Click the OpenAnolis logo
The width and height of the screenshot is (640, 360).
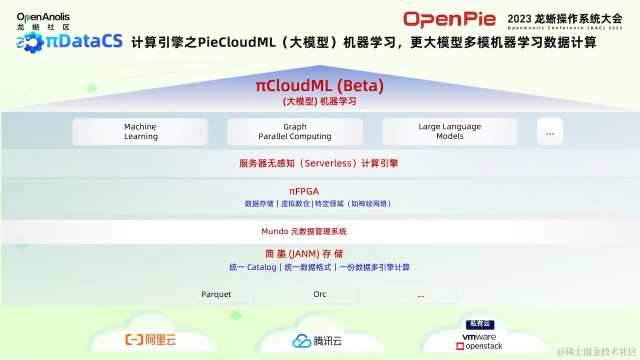[43, 21]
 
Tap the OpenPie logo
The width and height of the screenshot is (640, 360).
[449, 19]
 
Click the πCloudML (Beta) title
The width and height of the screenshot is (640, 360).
[319, 86]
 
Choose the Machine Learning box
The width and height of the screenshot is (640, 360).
[140, 131]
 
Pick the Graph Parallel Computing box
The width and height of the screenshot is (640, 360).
[295, 131]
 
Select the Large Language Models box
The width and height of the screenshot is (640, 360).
[450, 131]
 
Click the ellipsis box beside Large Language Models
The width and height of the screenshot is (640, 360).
[550, 132]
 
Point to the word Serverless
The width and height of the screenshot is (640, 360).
[328, 163]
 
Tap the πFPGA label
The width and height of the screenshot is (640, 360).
[303, 191]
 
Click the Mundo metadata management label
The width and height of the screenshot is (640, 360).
[304, 231]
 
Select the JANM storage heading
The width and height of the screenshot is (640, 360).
[304, 253]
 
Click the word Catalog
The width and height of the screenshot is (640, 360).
[261, 267]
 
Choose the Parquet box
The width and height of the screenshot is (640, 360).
[216, 294]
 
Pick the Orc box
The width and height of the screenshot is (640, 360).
[320, 294]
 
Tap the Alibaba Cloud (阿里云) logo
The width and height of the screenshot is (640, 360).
[150, 340]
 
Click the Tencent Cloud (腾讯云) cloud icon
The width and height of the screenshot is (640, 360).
[301, 341]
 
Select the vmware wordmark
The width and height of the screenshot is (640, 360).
[479, 337]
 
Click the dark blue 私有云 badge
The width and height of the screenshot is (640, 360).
[479, 324]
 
